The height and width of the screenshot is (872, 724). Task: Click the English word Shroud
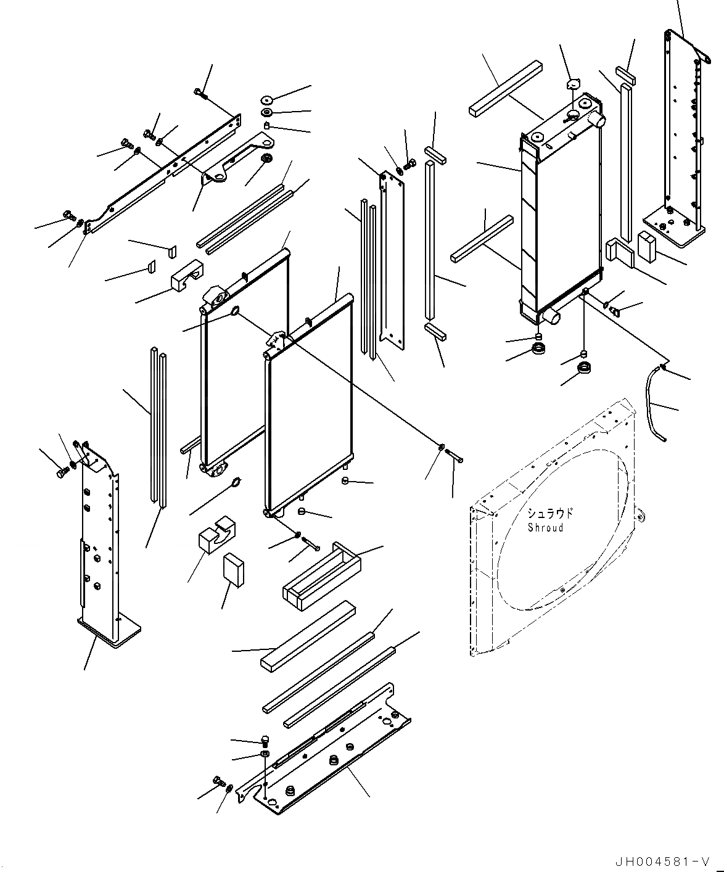(545, 528)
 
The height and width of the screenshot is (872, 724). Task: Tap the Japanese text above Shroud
(549, 513)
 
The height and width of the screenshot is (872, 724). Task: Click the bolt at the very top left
(199, 93)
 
